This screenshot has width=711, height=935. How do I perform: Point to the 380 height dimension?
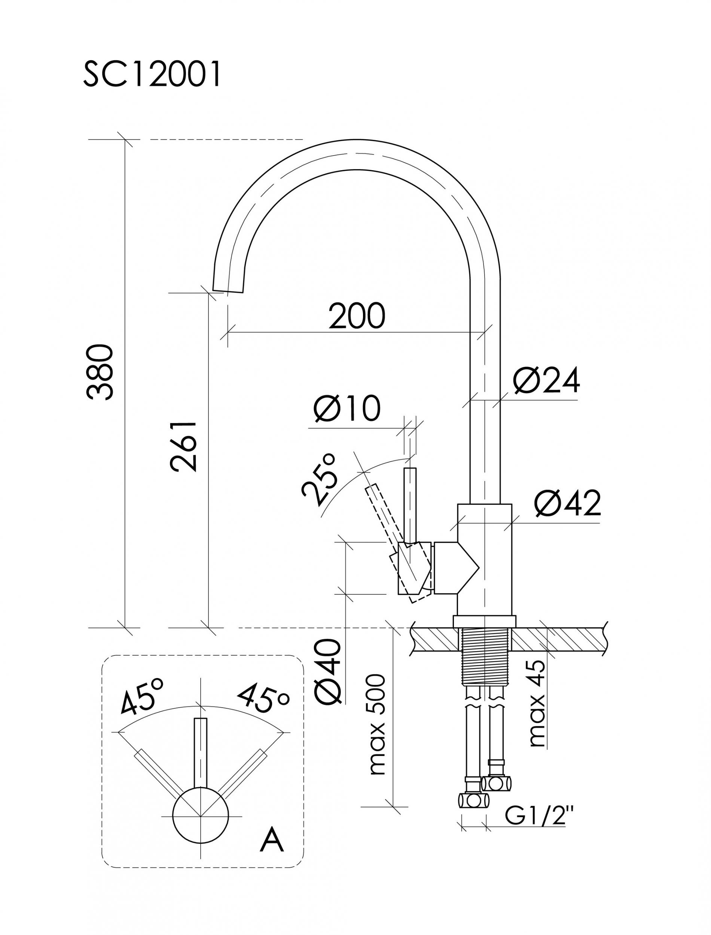click(100, 372)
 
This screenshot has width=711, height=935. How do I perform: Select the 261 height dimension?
click(184, 446)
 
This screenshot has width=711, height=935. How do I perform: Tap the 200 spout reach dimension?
click(357, 316)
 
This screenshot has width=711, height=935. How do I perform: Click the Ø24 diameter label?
click(546, 381)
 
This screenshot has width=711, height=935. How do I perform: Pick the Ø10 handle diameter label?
click(347, 409)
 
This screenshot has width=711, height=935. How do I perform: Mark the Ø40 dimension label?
click(327, 672)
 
